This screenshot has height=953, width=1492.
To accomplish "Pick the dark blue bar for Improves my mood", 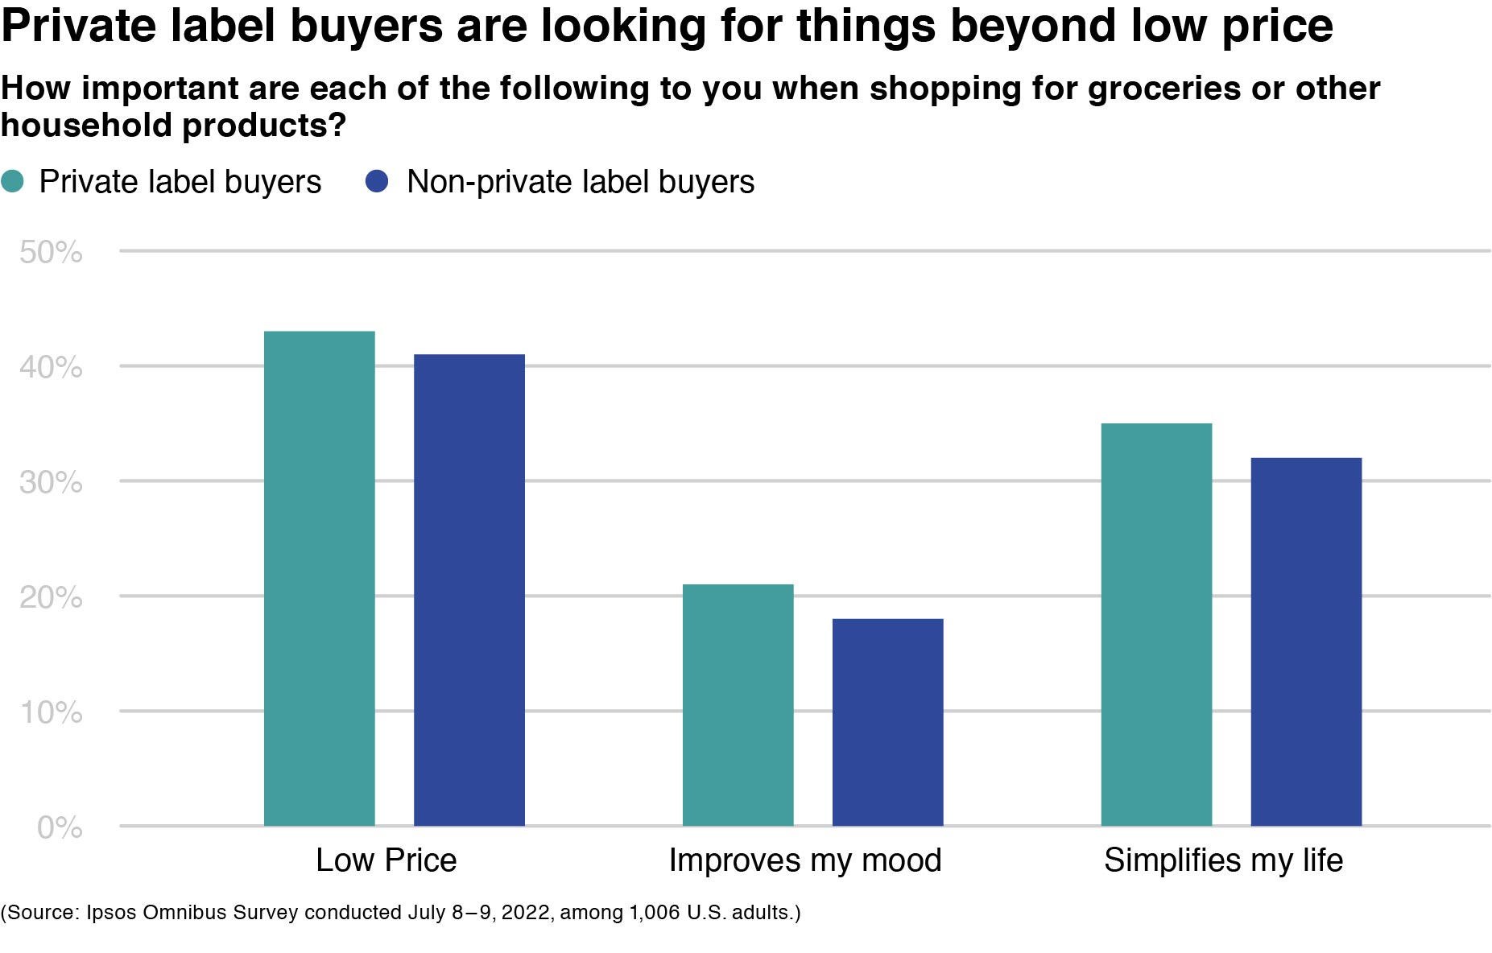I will click(887, 722).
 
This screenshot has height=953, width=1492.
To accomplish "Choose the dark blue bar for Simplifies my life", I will click(1306, 642).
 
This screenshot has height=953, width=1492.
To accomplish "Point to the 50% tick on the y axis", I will click(51, 253).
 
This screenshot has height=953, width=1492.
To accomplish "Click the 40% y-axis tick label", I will click(51, 368).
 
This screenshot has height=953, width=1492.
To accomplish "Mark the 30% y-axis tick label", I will click(51, 483).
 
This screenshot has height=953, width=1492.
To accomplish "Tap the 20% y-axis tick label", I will click(51, 598).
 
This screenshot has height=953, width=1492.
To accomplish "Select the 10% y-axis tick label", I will click(51, 713).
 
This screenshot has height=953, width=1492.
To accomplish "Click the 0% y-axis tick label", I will click(60, 828).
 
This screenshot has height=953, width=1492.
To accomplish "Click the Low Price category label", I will click(386, 860).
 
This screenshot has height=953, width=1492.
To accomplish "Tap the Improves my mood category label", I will click(804, 860).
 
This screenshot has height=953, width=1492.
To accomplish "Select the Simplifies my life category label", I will click(1223, 860).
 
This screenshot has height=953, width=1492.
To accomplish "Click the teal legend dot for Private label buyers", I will click(13, 182).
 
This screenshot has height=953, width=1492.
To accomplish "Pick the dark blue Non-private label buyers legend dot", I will click(377, 182).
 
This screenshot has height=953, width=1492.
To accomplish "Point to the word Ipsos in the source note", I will click(110, 913).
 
